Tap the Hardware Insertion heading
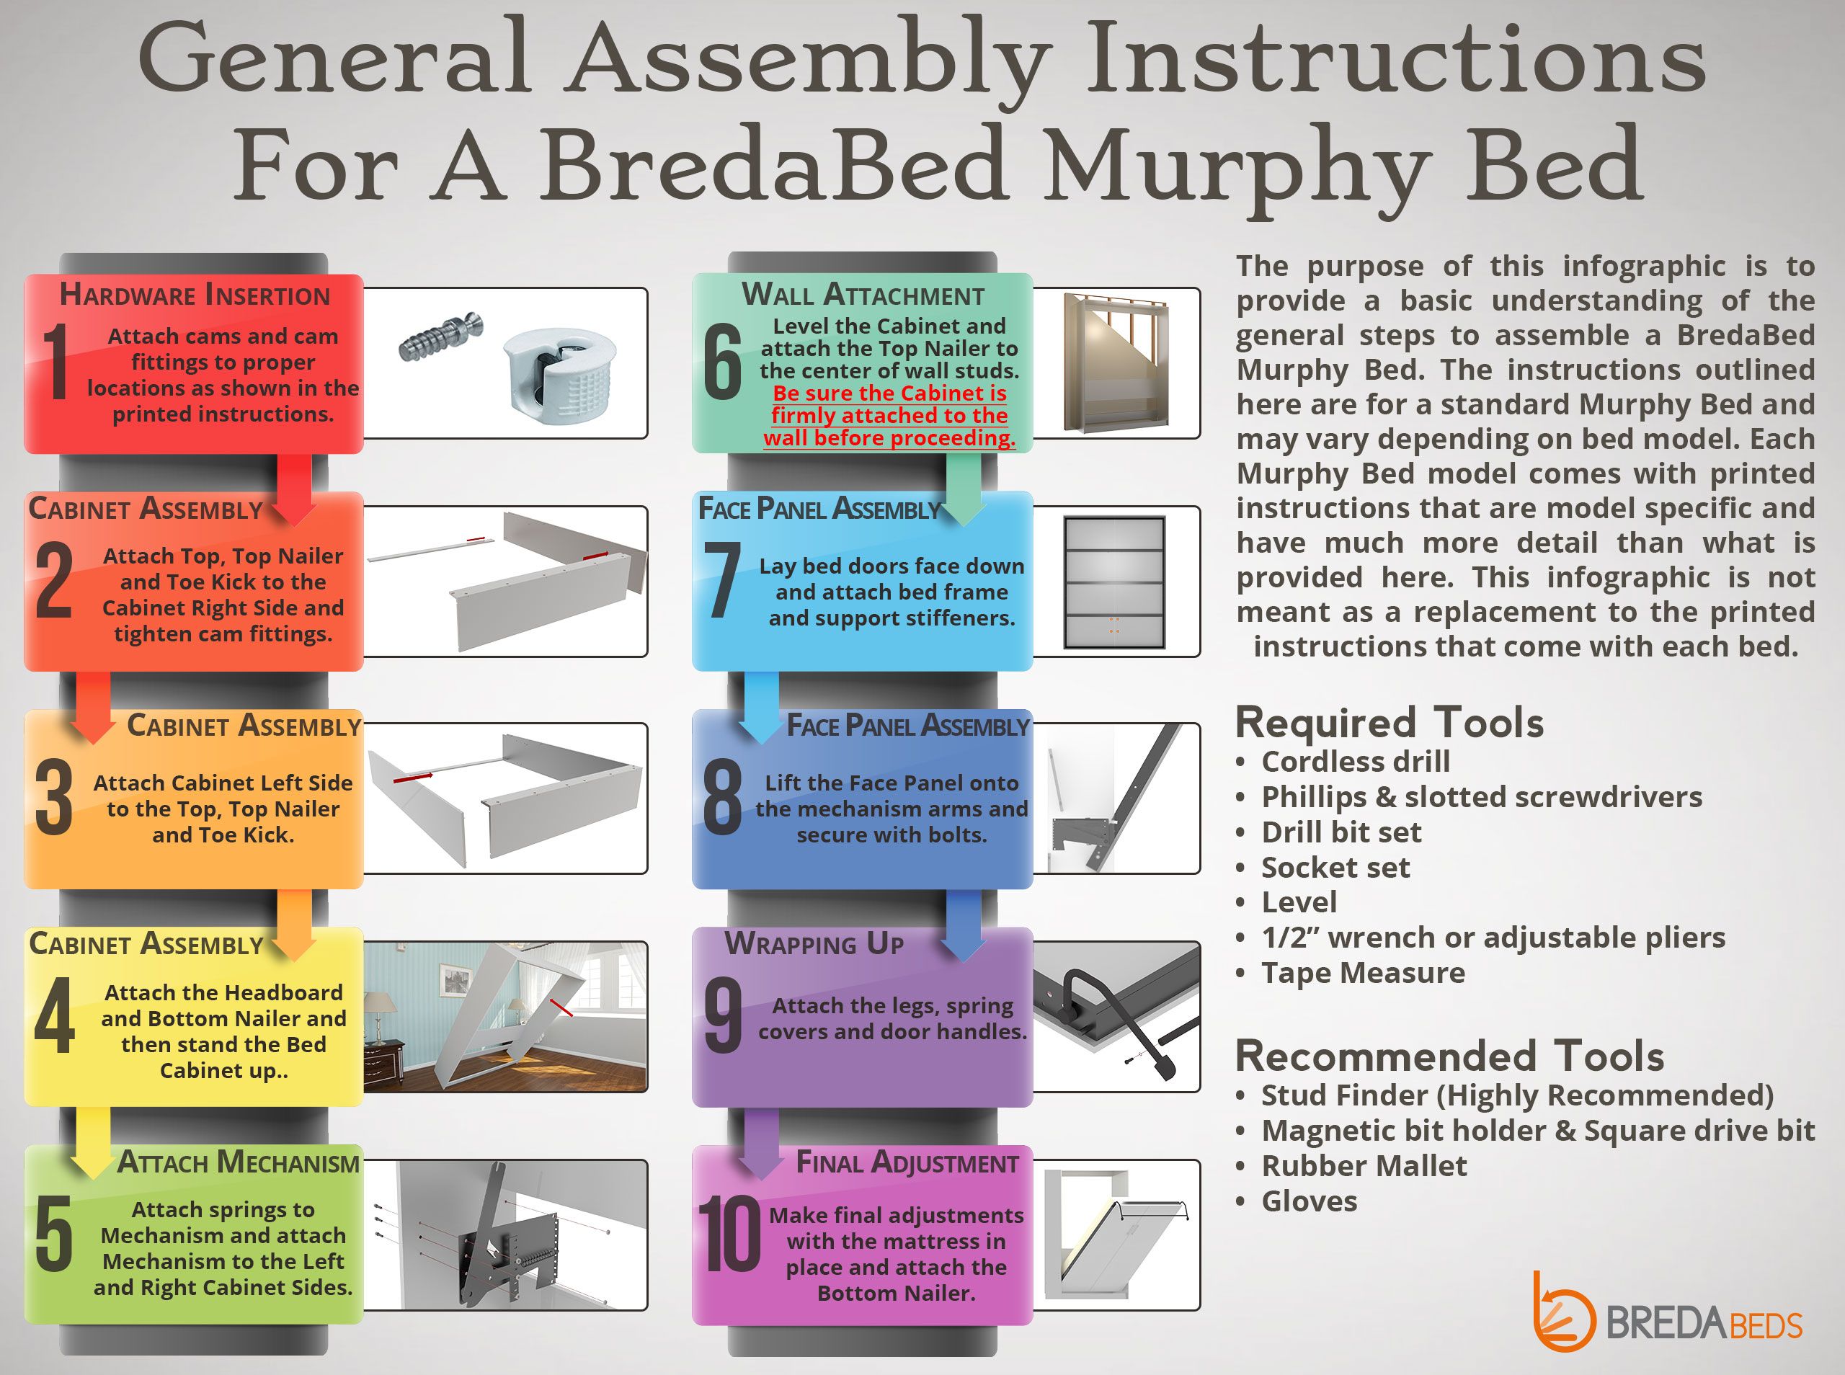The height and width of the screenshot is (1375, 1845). click(195, 295)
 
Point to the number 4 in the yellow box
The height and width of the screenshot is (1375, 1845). click(54, 1016)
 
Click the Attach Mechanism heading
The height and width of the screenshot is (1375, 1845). click(238, 1162)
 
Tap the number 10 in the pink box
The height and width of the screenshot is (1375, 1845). click(729, 1234)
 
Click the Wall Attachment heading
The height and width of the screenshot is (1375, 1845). click(862, 295)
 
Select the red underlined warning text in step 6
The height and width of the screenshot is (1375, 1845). click(889, 415)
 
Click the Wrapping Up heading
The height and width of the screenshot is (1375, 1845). click(814, 944)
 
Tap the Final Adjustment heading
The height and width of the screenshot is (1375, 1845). click(907, 1162)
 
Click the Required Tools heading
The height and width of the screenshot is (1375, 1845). click(1389, 723)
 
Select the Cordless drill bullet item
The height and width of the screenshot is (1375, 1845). click(1355, 762)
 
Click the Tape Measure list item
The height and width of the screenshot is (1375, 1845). click(1362, 973)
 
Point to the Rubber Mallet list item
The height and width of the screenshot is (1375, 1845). click(1363, 1166)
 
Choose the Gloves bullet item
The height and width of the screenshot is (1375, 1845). click(1308, 1201)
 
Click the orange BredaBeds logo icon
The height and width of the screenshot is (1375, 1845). click(1562, 1311)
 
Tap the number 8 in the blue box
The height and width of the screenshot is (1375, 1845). click(722, 798)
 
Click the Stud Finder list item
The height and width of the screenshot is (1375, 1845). click(1516, 1095)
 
